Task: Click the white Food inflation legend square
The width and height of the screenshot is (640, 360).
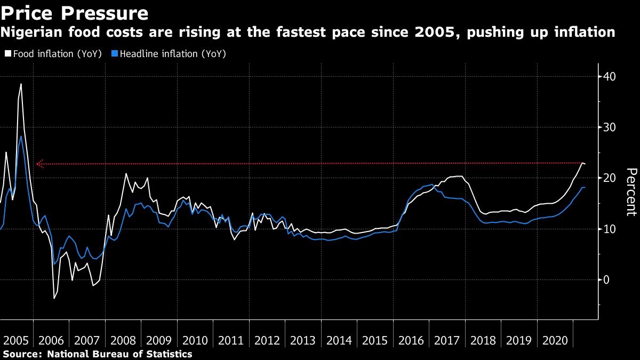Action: click(7, 54)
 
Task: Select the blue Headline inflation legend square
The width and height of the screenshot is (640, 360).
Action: click(114, 54)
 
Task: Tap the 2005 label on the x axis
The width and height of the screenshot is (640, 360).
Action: click(16, 341)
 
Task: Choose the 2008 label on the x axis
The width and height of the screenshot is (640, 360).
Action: click(124, 341)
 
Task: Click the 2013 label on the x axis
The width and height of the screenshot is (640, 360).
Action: click(303, 341)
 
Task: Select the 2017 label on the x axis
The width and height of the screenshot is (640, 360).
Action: click(447, 341)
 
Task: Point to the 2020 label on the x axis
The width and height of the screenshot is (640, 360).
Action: click(555, 341)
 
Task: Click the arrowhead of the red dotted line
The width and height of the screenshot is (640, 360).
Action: click(38, 164)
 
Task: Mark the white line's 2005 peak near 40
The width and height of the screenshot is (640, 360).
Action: click(21, 84)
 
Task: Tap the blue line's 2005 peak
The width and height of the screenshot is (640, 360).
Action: click(21, 136)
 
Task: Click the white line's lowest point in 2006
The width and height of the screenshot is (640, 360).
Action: click(54, 298)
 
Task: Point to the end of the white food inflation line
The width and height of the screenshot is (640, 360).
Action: click(585, 164)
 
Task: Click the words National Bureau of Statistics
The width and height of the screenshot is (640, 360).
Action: click(119, 354)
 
